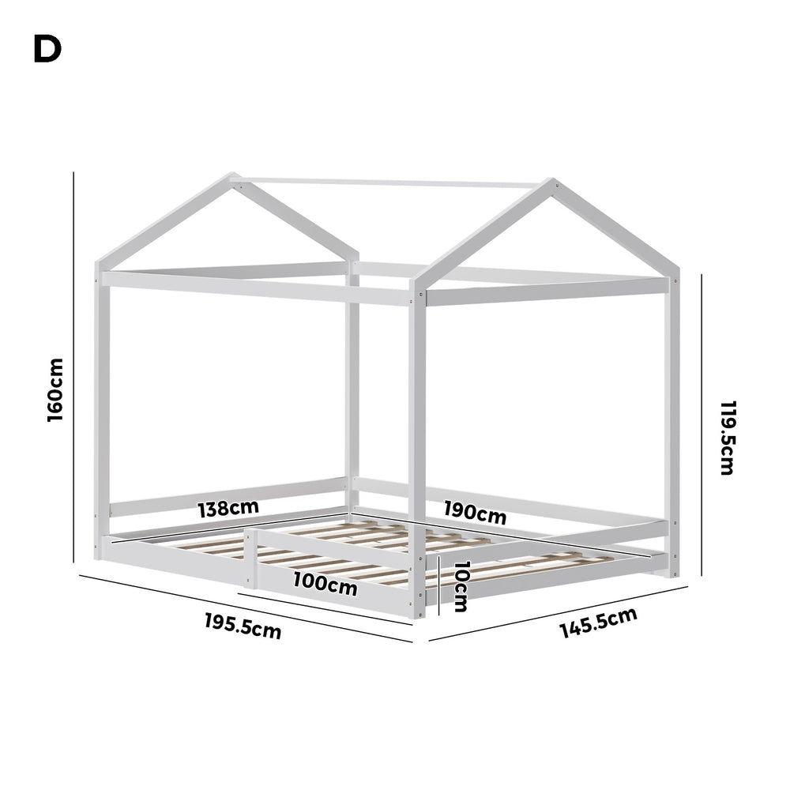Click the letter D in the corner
(x=47, y=49)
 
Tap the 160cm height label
(x=55, y=389)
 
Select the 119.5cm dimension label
(x=728, y=438)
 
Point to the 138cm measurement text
(x=228, y=508)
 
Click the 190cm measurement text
(x=475, y=512)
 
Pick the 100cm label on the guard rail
(x=325, y=584)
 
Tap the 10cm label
(x=461, y=586)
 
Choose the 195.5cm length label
(x=243, y=626)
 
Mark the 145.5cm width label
(x=599, y=623)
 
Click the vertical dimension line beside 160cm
(x=73, y=367)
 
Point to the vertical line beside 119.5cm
(x=702, y=424)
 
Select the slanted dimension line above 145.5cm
(x=559, y=613)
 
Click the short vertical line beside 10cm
(x=438, y=586)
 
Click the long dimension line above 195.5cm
(x=246, y=608)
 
